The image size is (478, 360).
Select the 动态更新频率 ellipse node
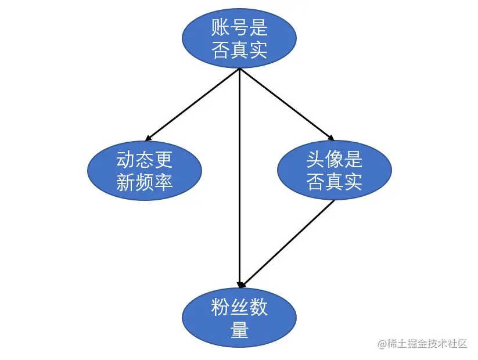pyautogui.click(x=144, y=171)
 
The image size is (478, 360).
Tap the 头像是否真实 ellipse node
pyautogui.click(x=334, y=171)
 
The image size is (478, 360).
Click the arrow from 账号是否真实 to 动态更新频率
pyautogui.click(x=192, y=105)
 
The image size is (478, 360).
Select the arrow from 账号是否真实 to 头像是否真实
pyautogui.click(x=286, y=105)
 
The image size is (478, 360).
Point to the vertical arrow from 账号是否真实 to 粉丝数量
pyautogui.click(x=239, y=174)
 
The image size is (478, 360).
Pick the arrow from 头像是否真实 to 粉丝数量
pyautogui.click(x=289, y=243)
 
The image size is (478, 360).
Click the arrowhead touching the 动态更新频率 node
pyautogui.click(x=148, y=138)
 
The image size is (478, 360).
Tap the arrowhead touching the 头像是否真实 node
pyautogui.click(x=330, y=138)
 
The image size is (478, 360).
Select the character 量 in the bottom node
pyautogui.click(x=239, y=330)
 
